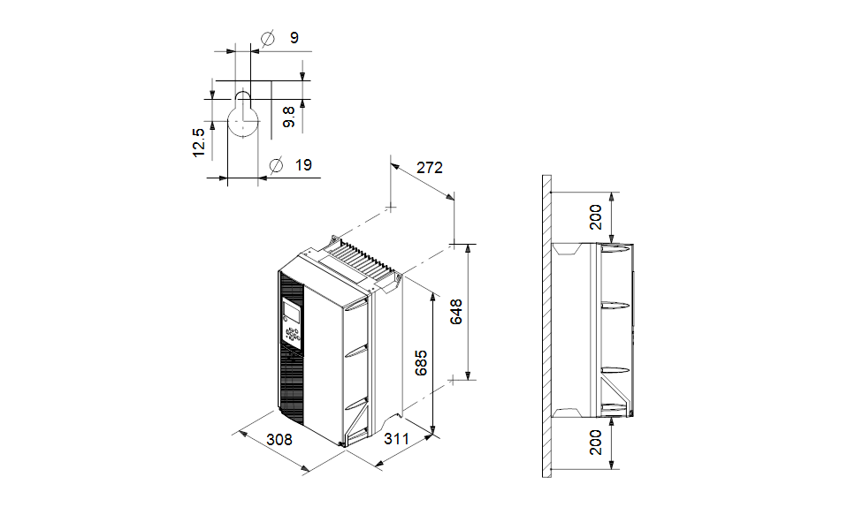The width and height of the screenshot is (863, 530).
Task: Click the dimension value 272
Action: pos(429,167)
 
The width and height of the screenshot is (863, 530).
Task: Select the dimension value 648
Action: pos(457,312)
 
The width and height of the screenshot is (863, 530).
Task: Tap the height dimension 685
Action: pos(423,363)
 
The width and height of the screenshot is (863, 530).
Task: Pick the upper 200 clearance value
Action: pos(597,216)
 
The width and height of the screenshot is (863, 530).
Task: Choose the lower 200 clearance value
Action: pos(597,442)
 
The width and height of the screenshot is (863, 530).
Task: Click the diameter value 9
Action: pos(294,38)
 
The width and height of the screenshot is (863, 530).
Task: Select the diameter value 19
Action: pos(303,164)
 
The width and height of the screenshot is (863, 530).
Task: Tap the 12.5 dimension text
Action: pos(199,143)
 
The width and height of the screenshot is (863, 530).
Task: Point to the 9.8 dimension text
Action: pos(289,117)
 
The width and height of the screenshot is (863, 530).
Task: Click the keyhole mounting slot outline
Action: pos(243,115)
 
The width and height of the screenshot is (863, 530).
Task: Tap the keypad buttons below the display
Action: pos(292,334)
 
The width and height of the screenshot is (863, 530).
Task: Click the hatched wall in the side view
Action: pos(546,327)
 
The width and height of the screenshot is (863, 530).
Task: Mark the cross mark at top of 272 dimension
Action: pos(391,208)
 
